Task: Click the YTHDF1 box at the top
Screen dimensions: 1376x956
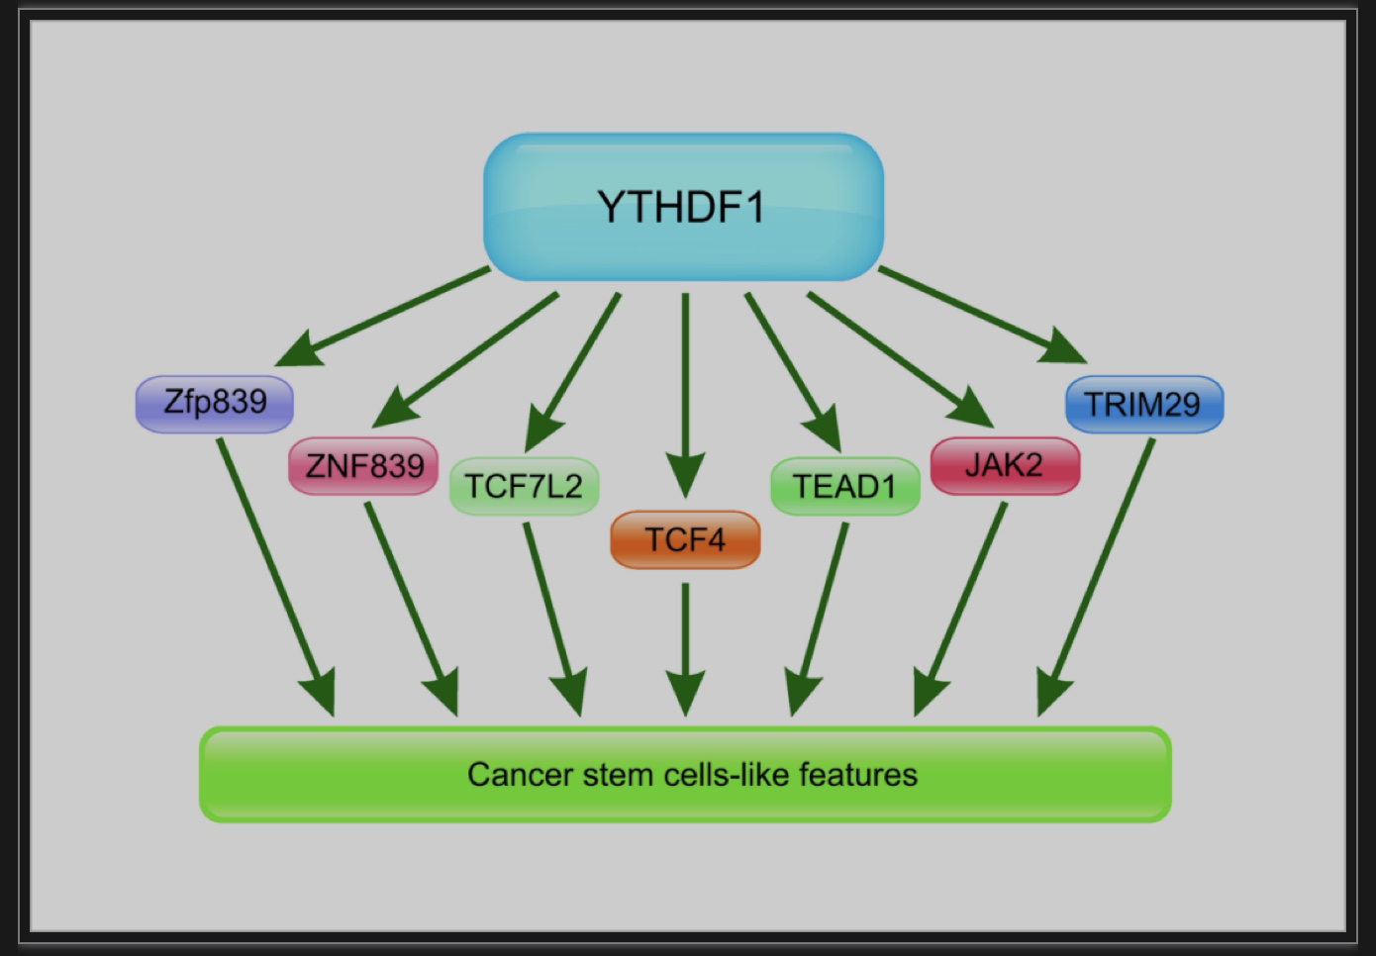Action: click(684, 207)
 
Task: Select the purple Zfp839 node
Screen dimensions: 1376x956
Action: click(215, 404)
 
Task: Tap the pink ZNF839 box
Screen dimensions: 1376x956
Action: click(363, 466)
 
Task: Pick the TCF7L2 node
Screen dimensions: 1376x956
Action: click(524, 486)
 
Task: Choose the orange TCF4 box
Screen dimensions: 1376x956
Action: click(685, 539)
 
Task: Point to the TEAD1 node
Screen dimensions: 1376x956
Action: click(845, 486)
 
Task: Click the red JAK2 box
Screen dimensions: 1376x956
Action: click(1005, 466)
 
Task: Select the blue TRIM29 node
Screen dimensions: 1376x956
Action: click(1144, 404)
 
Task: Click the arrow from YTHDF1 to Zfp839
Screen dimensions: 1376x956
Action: click(382, 317)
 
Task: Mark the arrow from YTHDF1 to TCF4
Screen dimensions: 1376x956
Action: click(686, 396)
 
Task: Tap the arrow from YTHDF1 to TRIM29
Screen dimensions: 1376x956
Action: click(983, 315)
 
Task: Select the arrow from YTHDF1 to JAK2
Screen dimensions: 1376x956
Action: click(900, 360)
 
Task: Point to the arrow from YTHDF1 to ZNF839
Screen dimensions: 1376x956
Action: click(465, 360)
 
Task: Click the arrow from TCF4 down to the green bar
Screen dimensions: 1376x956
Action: click(686, 649)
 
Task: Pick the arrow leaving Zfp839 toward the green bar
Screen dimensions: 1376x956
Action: click(276, 577)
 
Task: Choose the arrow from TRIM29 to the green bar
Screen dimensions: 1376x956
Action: click(1095, 577)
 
